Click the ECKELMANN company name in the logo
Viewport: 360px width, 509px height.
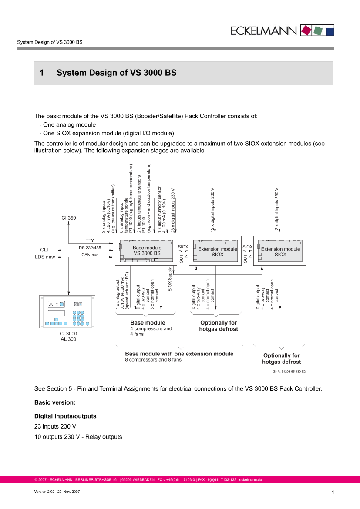[264, 30]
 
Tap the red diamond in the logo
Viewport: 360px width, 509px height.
[306, 30]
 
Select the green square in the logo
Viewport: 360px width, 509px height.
[319, 30]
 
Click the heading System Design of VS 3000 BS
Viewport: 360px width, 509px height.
[116, 73]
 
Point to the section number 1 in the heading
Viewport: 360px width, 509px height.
[42, 73]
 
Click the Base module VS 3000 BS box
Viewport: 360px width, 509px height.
[147, 250]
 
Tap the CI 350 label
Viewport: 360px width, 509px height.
[69, 218]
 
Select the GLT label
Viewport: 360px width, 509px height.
[45, 250]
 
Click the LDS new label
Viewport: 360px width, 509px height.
[45, 257]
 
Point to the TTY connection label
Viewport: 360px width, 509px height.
[90, 241]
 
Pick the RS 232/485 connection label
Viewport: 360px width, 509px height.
[90, 248]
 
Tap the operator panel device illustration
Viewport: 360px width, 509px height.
[68, 312]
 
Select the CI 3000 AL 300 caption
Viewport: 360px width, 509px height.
[68, 336]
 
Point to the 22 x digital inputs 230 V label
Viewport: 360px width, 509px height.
[173, 211]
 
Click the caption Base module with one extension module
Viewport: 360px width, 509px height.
[179, 354]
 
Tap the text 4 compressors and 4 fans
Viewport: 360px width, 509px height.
[145, 332]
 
